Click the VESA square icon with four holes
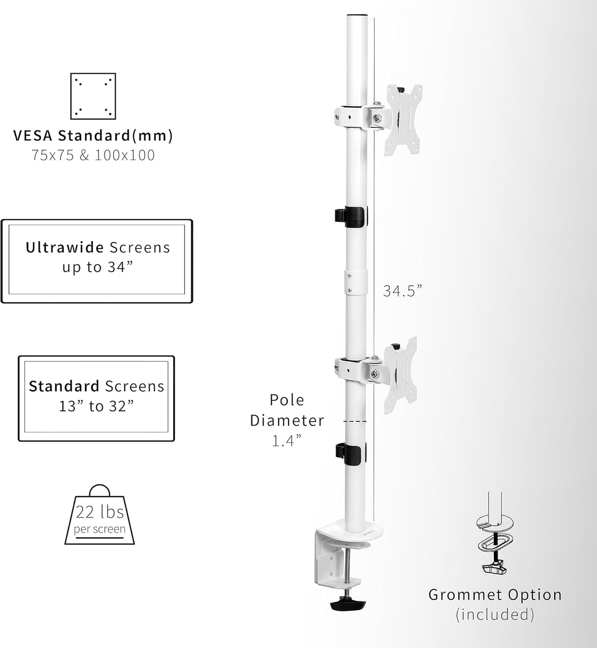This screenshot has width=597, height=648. point(93,96)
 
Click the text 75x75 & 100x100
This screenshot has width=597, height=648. point(93,155)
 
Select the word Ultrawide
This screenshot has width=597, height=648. point(64,247)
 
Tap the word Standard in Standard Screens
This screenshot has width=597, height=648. point(57,386)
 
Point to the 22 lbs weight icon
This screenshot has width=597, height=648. point(100,516)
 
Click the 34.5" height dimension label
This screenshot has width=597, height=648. point(402,291)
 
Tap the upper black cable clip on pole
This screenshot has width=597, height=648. point(350,217)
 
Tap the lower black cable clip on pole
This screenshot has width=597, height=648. point(350,453)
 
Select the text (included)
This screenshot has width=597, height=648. point(494,615)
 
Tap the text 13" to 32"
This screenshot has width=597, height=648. point(96,406)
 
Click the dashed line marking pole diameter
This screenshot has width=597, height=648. point(355,422)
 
